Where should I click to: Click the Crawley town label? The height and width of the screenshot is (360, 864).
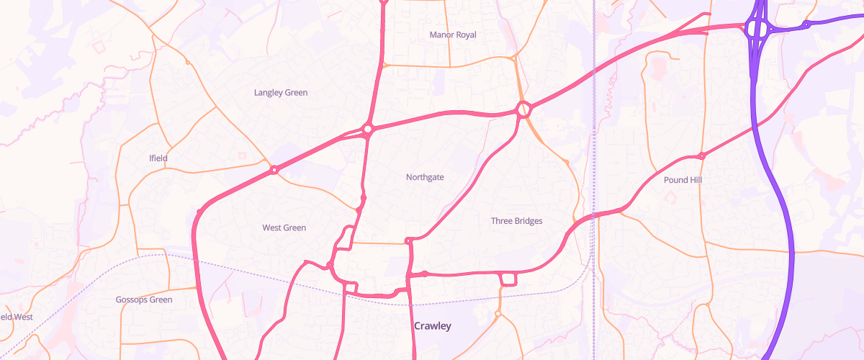[433, 326]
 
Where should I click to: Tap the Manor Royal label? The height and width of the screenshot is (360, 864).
[453, 35]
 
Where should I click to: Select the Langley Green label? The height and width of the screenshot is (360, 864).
[281, 92]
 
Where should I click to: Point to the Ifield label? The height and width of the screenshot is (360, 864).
[158, 158]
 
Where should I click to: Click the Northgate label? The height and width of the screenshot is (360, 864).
[425, 177]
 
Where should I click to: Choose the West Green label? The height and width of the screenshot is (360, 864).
[284, 228]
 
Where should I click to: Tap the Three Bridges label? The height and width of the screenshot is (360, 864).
[516, 221]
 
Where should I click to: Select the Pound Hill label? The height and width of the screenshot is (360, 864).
[683, 180]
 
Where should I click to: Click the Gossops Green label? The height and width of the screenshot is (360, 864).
[144, 300]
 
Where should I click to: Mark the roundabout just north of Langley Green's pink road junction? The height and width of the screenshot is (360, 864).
[367, 130]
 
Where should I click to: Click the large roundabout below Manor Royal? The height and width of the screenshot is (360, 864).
[523, 109]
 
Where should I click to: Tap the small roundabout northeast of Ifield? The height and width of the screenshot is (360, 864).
[274, 170]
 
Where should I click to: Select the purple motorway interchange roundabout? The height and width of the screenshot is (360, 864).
[757, 30]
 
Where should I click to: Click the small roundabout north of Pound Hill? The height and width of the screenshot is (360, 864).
[702, 156]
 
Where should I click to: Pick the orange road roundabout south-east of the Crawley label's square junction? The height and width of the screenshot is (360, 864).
[498, 314]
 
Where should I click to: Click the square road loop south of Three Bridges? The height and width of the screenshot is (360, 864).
[508, 279]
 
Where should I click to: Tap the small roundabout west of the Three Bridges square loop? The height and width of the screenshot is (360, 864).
[425, 274]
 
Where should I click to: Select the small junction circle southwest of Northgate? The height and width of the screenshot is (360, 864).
[364, 197]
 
